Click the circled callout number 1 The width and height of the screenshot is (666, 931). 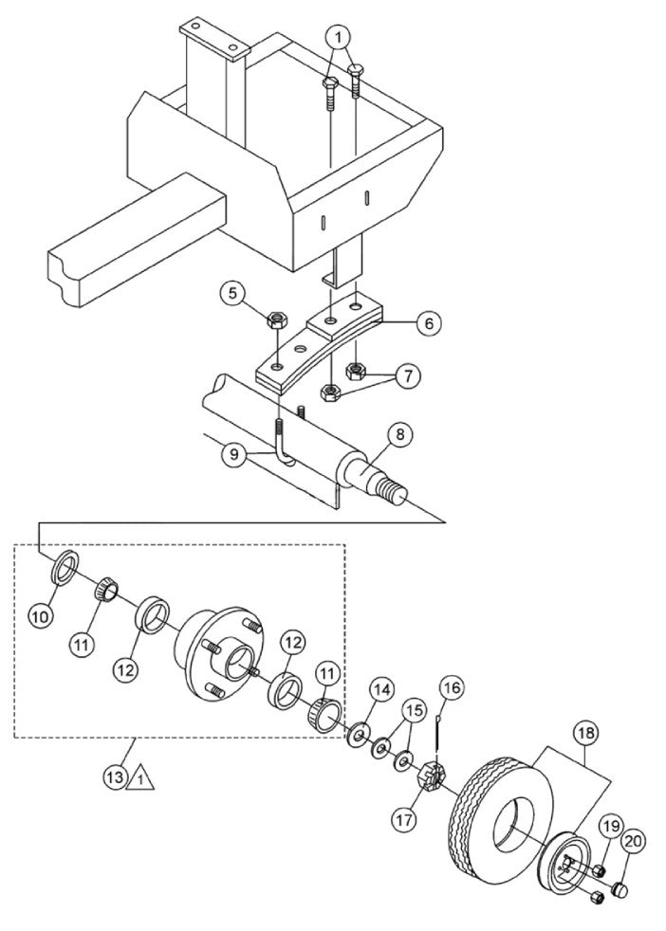pos(340,37)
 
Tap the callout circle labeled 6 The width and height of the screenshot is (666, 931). pos(429,323)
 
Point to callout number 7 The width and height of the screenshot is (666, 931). pos(407,375)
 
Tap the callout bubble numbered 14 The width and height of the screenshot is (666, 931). pos(381,691)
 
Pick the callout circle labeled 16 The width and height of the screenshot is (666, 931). pos(450,685)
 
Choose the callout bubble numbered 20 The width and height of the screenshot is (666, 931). pos(632,841)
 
